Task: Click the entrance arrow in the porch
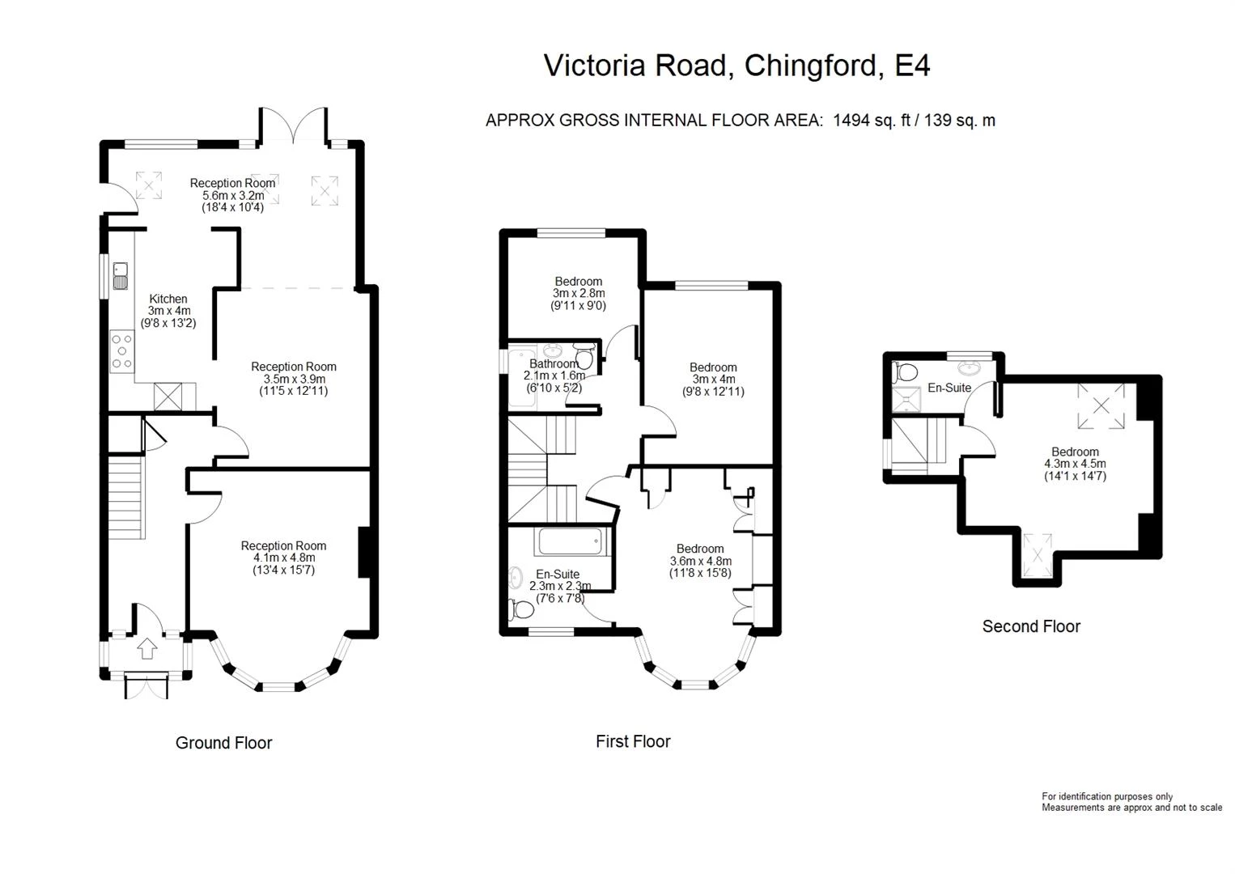tap(146, 648)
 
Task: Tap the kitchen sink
tap(121, 276)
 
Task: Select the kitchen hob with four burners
tap(122, 350)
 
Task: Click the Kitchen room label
tap(168, 299)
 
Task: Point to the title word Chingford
tap(810, 66)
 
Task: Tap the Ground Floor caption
tap(224, 743)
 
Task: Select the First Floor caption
tap(633, 741)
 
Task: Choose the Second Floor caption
tap(1031, 626)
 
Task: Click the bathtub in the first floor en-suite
tap(571, 541)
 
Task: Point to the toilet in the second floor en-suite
tap(904, 372)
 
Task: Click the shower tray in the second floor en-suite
tap(906, 400)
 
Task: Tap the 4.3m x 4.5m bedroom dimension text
tap(1075, 464)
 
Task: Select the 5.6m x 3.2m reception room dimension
tap(233, 195)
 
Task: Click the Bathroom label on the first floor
tap(554, 364)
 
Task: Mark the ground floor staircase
tap(126, 497)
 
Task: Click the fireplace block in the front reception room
tap(364, 553)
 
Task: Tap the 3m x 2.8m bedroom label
tap(579, 293)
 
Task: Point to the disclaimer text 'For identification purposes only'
tap(1107, 796)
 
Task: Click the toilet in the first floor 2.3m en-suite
tap(521, 609)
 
